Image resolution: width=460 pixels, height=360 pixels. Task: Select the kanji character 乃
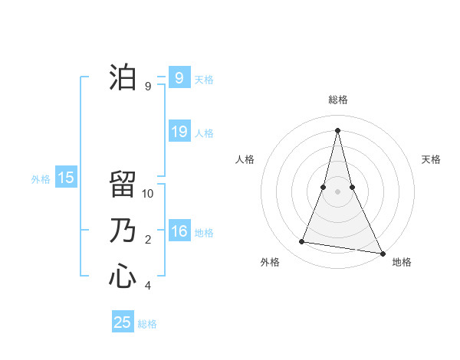tap(123, 231)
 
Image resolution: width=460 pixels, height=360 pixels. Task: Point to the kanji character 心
tap(123, 276)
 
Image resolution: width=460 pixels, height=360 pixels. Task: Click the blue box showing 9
tap(179, 78)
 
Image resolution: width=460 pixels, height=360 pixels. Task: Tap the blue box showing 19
tap(179, 132)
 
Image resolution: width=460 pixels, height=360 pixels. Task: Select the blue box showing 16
tap(179, 231)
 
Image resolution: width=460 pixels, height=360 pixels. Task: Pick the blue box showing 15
tap(66, 178)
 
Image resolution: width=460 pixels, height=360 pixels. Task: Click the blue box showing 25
tap(123, 322)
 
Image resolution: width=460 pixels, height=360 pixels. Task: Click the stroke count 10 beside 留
tap(148, 194)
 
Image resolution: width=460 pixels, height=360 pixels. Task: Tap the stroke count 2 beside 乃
tap(148, 240)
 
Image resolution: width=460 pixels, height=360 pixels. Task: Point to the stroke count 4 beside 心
tap(148, 286)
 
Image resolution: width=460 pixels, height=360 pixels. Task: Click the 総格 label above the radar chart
tap(337, 100)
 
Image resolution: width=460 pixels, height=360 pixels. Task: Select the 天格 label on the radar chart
tap(432, 159)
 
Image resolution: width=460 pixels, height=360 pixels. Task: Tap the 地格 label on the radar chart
tap(402, 262)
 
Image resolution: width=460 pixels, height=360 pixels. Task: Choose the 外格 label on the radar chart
tap(270, 262)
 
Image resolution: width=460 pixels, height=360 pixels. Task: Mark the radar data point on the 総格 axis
tap(337, 130)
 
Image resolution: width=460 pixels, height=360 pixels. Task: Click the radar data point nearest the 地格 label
tap(382, 252)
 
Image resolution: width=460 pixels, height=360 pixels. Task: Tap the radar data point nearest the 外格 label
tap(302, 242)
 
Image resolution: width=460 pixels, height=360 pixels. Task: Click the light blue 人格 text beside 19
tap(204, 133)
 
